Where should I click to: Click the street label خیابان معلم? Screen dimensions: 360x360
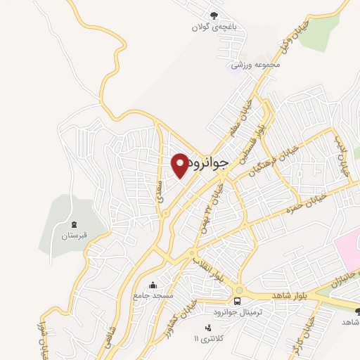(x=238, y=120)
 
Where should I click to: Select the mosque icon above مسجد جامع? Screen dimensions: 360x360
(x=153, y=285)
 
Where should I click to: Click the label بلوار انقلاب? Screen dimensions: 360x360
(x=207, y=269)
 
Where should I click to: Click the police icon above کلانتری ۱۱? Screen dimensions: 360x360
(x=207, y=327)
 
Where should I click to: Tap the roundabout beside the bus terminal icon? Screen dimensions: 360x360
(x=238, y=289)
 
